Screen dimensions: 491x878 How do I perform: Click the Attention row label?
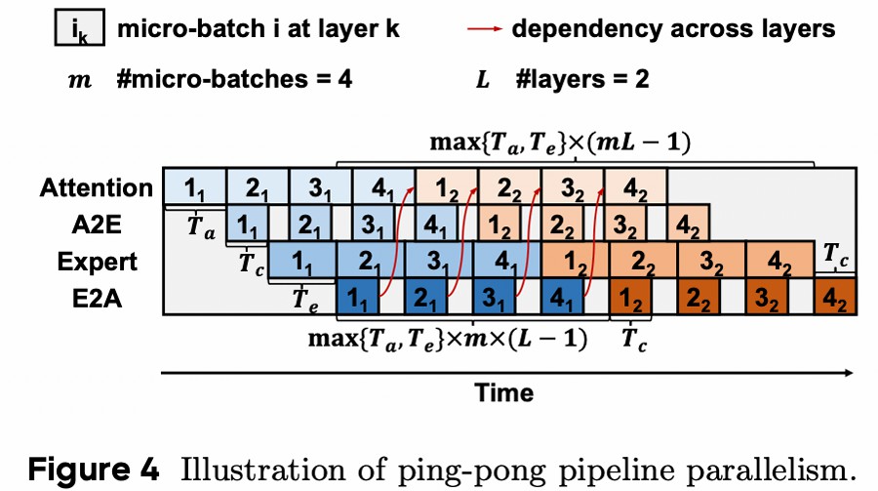click(97, 187)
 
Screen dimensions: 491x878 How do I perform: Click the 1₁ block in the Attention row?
click(193, 186)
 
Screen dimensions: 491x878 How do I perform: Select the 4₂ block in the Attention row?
click(635, 186)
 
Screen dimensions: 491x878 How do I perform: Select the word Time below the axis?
click(504, 392)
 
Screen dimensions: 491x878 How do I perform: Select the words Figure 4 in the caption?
click(90, 469)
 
